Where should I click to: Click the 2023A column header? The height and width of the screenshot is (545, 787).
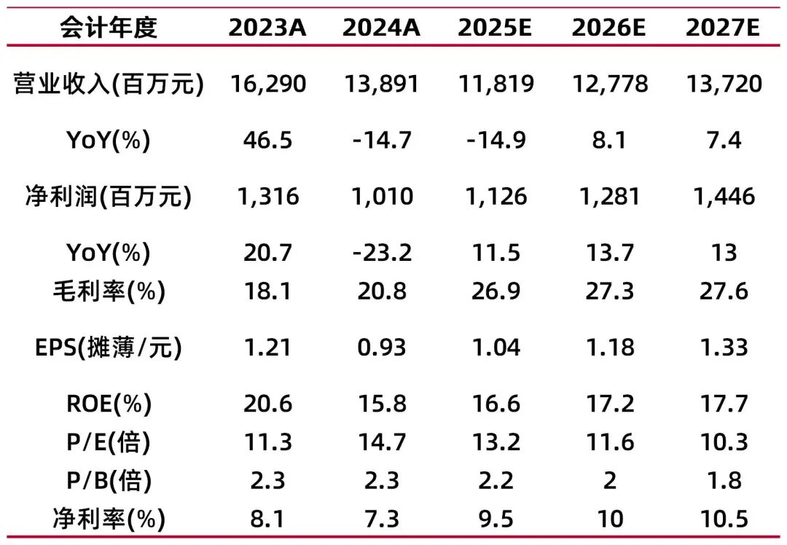point(267,28)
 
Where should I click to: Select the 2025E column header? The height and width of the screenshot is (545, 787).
point(496,28)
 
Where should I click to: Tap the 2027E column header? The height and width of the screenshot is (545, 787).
point(723,28)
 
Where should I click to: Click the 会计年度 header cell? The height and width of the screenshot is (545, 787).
point(108,28)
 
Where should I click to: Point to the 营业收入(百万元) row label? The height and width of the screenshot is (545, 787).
point(108,84)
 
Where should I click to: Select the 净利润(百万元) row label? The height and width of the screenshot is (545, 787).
point(108,197)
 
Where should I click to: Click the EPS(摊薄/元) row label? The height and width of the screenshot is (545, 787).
point(108,348)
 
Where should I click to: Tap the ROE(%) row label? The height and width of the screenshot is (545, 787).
point(108,404)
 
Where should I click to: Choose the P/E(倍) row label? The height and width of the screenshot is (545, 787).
point(108,442)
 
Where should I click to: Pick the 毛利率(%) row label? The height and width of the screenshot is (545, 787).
point(108,291)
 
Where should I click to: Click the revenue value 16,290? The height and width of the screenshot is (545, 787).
point(267,84)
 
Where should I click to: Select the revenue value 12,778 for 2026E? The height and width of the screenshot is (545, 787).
point(609,84)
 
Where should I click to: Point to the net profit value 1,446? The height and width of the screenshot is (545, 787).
point(723,197)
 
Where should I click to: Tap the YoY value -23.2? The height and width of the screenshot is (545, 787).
point(381,253)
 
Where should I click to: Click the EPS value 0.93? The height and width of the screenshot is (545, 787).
point(381,348)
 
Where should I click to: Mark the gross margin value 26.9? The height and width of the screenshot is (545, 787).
point(496,291)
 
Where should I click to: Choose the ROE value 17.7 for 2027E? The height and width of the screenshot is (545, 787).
point(723,404)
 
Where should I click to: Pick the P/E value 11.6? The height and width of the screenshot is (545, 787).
point(609,442)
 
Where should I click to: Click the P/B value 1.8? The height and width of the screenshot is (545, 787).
point(723,481)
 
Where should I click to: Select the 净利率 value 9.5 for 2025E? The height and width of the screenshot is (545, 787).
point(496,519)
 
